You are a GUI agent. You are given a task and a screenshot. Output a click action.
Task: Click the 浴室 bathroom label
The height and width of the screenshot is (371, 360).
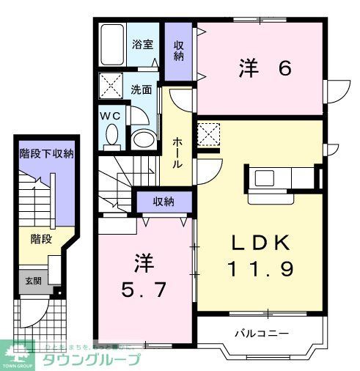(x=143, y=45)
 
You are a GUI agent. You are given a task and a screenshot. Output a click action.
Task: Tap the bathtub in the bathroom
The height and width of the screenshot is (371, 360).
(x=114, y=46)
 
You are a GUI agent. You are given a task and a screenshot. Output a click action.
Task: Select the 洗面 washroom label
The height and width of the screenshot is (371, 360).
(x=142, y=90)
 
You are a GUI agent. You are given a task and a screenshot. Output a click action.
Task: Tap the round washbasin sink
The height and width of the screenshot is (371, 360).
(x=142, y=138)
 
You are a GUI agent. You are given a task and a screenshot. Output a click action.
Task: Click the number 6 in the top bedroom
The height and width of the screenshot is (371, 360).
(x=284, y=68)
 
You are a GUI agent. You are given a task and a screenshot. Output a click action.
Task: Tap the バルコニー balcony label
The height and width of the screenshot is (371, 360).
(x=261, y=334)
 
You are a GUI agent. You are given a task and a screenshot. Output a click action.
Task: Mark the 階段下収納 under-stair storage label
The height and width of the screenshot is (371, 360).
(x=45, y=154)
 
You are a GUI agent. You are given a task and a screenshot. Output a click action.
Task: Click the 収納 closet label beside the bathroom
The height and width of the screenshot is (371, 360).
(x=179, y=51)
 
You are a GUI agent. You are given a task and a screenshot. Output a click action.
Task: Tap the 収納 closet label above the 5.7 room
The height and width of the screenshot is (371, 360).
(x=164, y=202)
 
